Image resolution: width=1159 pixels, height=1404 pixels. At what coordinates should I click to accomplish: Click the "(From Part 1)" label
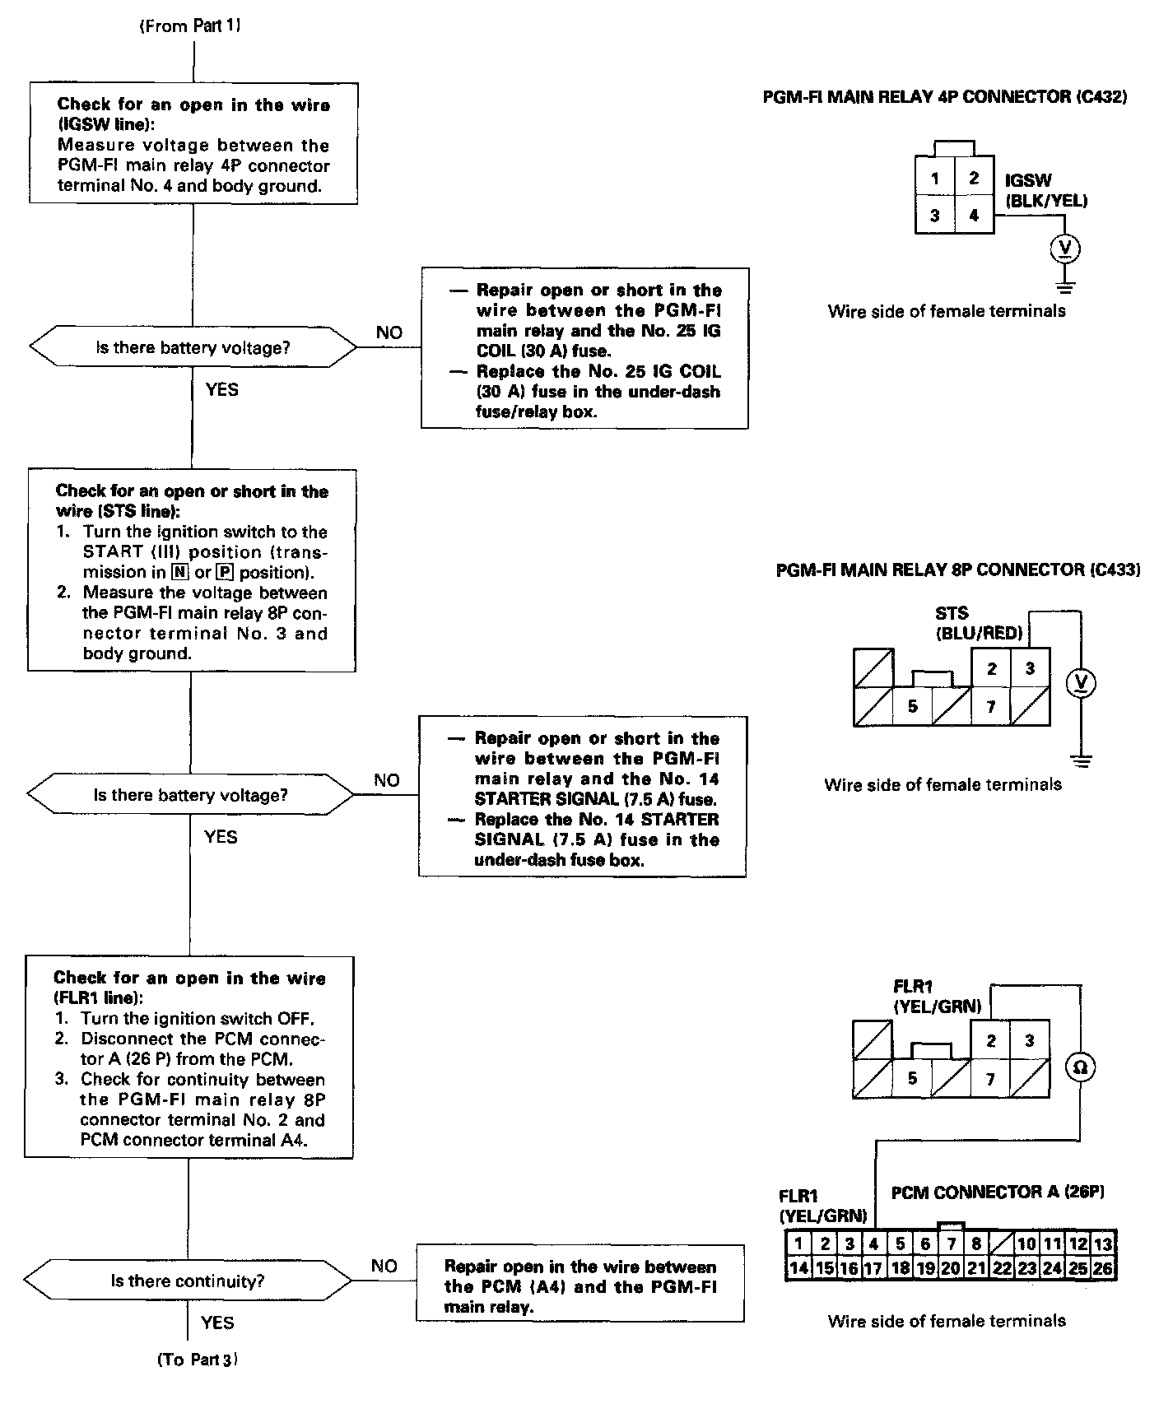click(191, 26)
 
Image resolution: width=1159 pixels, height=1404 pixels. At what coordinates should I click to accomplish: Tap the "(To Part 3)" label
click(198, 1360)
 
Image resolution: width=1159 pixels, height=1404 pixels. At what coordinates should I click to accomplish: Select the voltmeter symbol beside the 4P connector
click(1066, 248)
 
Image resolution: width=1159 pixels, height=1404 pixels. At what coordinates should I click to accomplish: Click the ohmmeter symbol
click(1080, 1067)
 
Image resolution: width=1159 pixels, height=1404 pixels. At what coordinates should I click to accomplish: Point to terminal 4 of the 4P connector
click(974, 216)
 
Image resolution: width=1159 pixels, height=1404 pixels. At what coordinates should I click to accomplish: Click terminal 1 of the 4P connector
click(935, 179)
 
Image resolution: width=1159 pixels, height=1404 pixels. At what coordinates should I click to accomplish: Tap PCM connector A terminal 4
click(873, 1244)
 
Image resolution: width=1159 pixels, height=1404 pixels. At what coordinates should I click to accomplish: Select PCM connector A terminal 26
click(1103, 1268)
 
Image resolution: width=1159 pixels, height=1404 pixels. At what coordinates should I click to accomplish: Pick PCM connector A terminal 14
click(798, 1268)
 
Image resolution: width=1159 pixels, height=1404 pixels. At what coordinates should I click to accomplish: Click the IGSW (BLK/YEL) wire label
click(1045, 190)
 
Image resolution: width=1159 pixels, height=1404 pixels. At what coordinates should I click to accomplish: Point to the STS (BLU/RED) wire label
click(979, 623)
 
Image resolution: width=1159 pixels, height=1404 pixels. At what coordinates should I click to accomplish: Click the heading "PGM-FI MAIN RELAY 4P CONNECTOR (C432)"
click(945, 97)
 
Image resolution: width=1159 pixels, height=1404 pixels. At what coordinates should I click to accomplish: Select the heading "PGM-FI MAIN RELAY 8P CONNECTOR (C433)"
click(958, 570)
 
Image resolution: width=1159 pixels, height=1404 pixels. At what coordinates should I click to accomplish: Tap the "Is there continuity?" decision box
click(189, 1281)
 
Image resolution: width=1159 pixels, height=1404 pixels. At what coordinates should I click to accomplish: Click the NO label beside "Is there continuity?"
click(384, 1266)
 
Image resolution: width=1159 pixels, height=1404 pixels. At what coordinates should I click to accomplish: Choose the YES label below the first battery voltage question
click(221, 389)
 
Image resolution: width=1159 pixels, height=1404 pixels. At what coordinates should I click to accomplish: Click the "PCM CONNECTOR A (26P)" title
click(998, 1192)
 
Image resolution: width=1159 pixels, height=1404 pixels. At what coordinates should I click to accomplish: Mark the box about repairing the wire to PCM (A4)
click(580, 1286)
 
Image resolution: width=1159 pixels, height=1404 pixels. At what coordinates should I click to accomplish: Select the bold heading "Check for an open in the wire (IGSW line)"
click(193, 114)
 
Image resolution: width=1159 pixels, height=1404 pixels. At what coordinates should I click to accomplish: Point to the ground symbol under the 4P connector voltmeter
click(1066, 287)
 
